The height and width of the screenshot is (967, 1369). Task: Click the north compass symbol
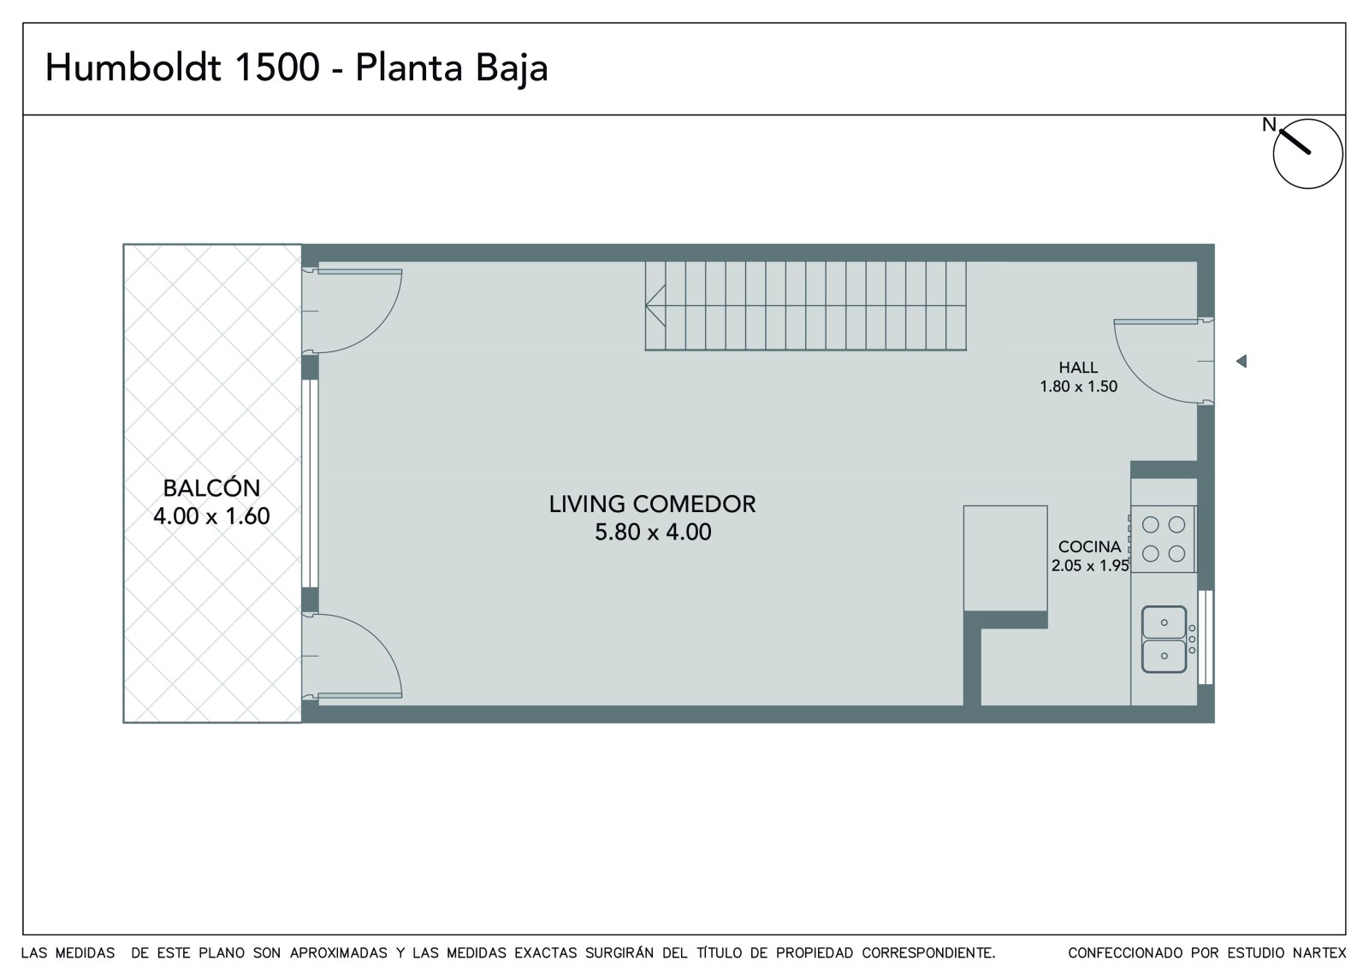click(x=1307, y=153)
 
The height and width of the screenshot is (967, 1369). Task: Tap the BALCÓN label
click(x=211, y=488)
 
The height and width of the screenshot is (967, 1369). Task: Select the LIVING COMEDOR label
click(x=652, y=504)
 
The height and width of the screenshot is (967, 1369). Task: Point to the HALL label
click(x=1078, y=367)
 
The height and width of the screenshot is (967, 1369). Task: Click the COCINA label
click(x=1090, y=546)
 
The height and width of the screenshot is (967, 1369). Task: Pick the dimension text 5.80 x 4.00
click(x=653, y=532)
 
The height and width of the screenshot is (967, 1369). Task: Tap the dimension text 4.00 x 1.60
click(x=211, y=516)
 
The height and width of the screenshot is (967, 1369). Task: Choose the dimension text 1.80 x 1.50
click(x=1079, y=386)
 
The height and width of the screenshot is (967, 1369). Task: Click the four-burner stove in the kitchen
click(x=1163, y=539)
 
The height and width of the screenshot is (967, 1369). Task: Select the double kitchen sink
click(x=1165, y=639)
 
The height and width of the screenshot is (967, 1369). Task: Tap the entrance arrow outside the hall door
click(x=1242, y=361)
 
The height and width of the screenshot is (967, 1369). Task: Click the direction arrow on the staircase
click(x=655, y=305)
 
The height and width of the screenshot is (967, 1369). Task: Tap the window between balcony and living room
click(x=310, y=483)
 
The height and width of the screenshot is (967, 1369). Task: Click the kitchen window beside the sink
click(x=1206, y=637)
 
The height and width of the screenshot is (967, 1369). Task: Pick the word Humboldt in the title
click(x=133, y=68)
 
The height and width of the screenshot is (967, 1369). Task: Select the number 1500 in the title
click(x=277, y=68)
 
